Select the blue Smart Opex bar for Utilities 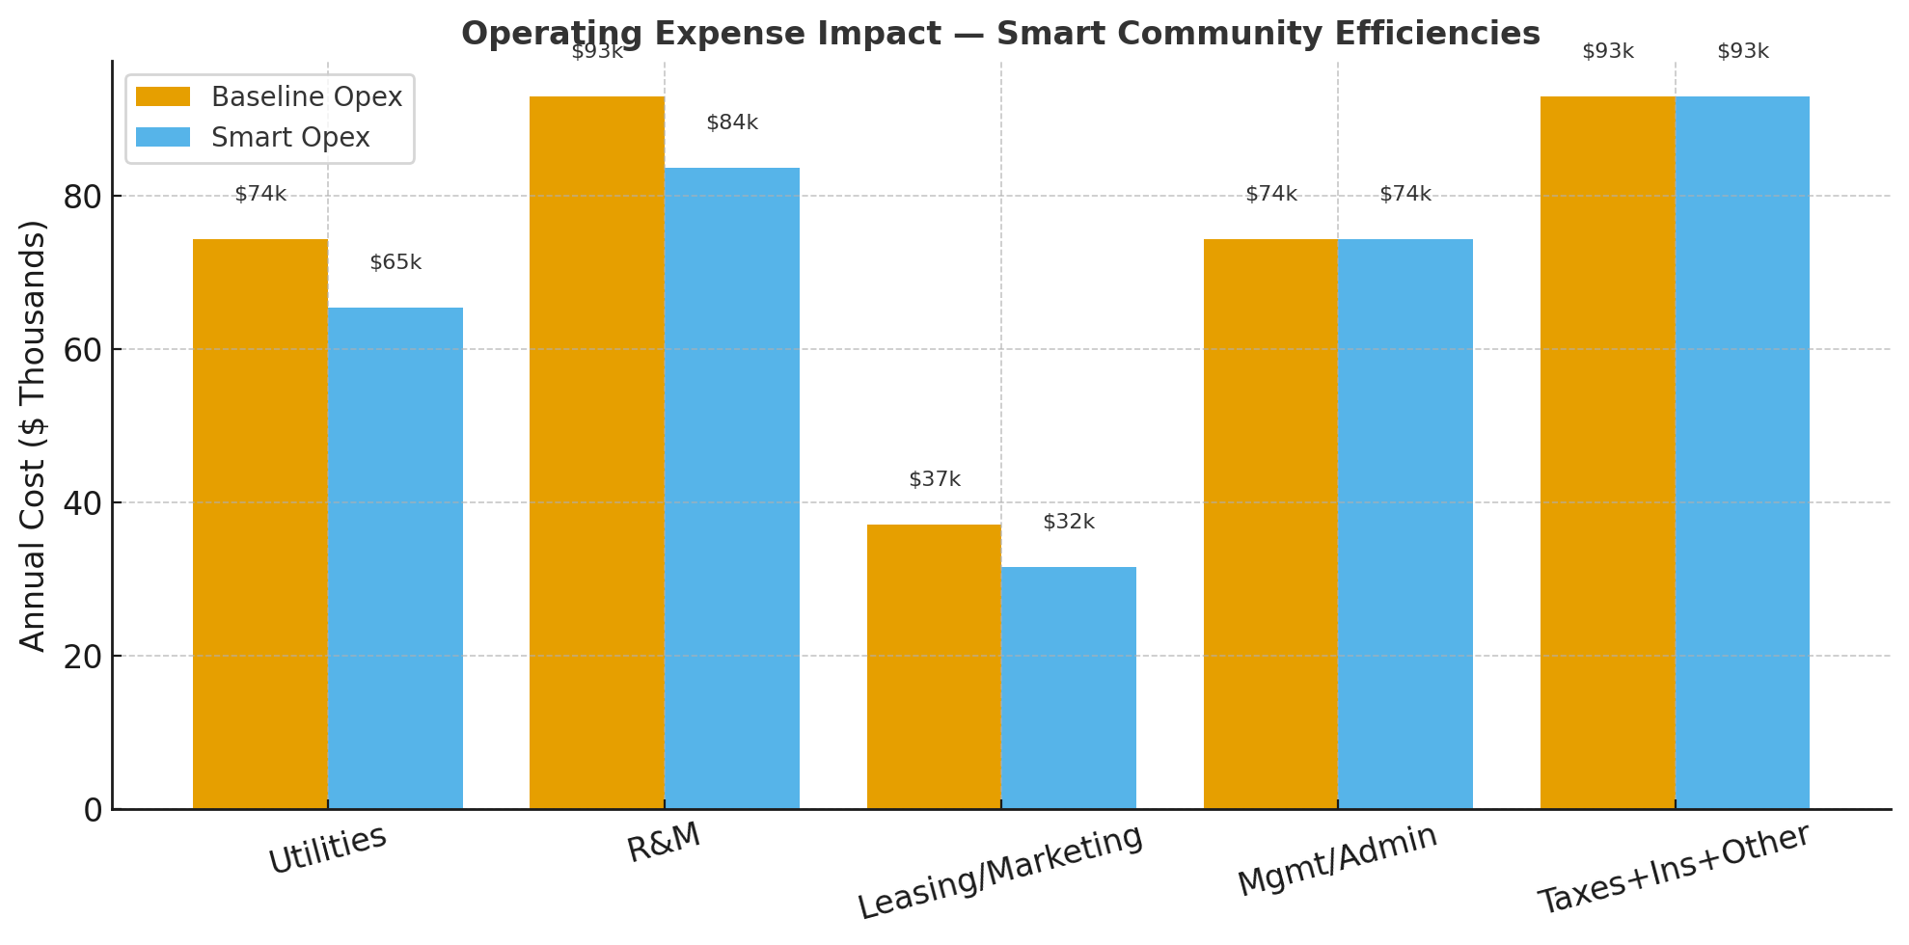point(395,558)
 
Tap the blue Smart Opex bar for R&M point(732,488)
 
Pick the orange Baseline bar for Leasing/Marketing point(934,666)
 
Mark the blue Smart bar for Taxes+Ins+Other point(1742,452)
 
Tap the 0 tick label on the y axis point(93,810)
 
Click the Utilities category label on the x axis point(327,850)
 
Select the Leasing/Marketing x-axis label point(999,872)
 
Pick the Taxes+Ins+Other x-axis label point(1674,869)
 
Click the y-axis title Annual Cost point(33,436)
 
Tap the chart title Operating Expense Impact point(999,34)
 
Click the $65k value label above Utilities point(395,262)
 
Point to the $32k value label point(1069,523)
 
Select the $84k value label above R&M point(732,123)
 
